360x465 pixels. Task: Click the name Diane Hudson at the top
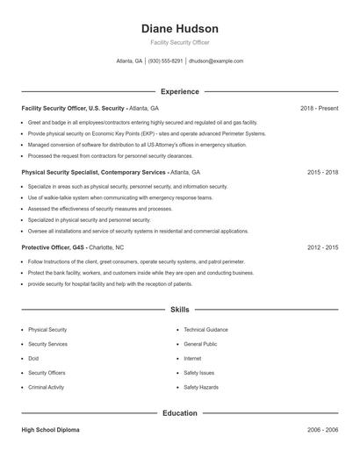point(179,28)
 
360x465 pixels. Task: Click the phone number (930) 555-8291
point(165,61)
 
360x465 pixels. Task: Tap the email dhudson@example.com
point(216,61)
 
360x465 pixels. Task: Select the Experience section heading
point(179,91)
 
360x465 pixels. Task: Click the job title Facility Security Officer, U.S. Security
point(73,108)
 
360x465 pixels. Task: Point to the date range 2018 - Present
point(319,108)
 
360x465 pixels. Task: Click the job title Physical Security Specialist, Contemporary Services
point(94,173)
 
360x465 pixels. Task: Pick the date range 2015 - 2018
point(322,173)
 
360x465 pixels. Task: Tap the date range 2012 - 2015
point(322,247)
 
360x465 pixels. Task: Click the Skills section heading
point(179,310)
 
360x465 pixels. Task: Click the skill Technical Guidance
point(205,330)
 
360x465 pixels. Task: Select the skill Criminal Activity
point(47,387)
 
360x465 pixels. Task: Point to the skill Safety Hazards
point(201,387)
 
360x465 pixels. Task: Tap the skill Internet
point(192,358)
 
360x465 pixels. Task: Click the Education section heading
point(179,412)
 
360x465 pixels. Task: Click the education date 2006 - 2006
point(322,431)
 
